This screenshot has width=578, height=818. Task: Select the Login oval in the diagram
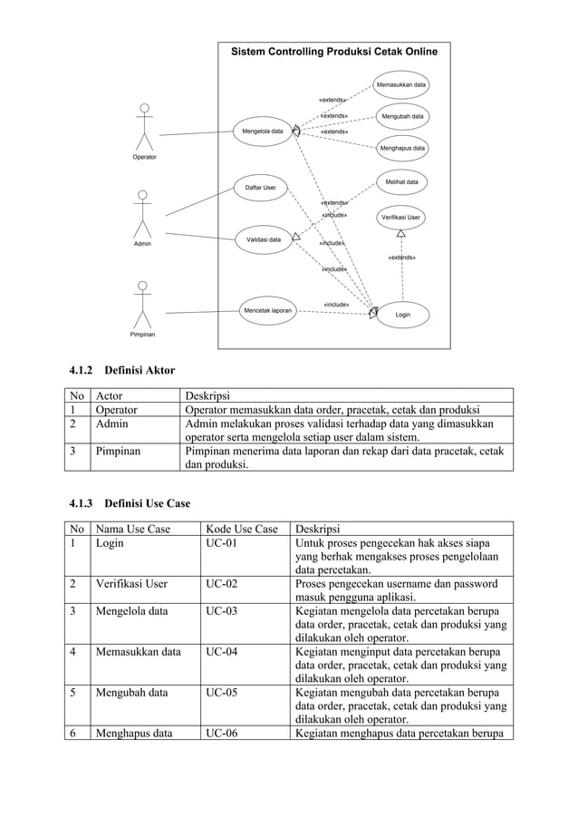click(x=402, y=314)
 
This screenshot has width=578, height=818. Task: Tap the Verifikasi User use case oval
click(x=400, y=218)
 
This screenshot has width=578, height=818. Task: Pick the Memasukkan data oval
click(x=401, y=85)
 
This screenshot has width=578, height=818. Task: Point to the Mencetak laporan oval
click(x=267, y=310)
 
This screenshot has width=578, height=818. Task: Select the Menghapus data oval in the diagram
click(x=402, y=148)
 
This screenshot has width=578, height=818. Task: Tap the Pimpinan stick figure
click(x=140, y=306)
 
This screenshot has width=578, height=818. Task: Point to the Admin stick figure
click(x=141, y=215)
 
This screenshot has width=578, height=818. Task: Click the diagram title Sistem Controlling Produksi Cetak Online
click(x=333, y=52)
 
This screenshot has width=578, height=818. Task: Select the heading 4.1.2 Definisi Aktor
click(x=121, y=370)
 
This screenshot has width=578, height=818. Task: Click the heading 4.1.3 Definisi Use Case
click(x=130, y=503)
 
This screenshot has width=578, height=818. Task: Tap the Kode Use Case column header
click(x=242, y=530)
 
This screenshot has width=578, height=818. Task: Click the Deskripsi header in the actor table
click(x=207, y=395)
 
